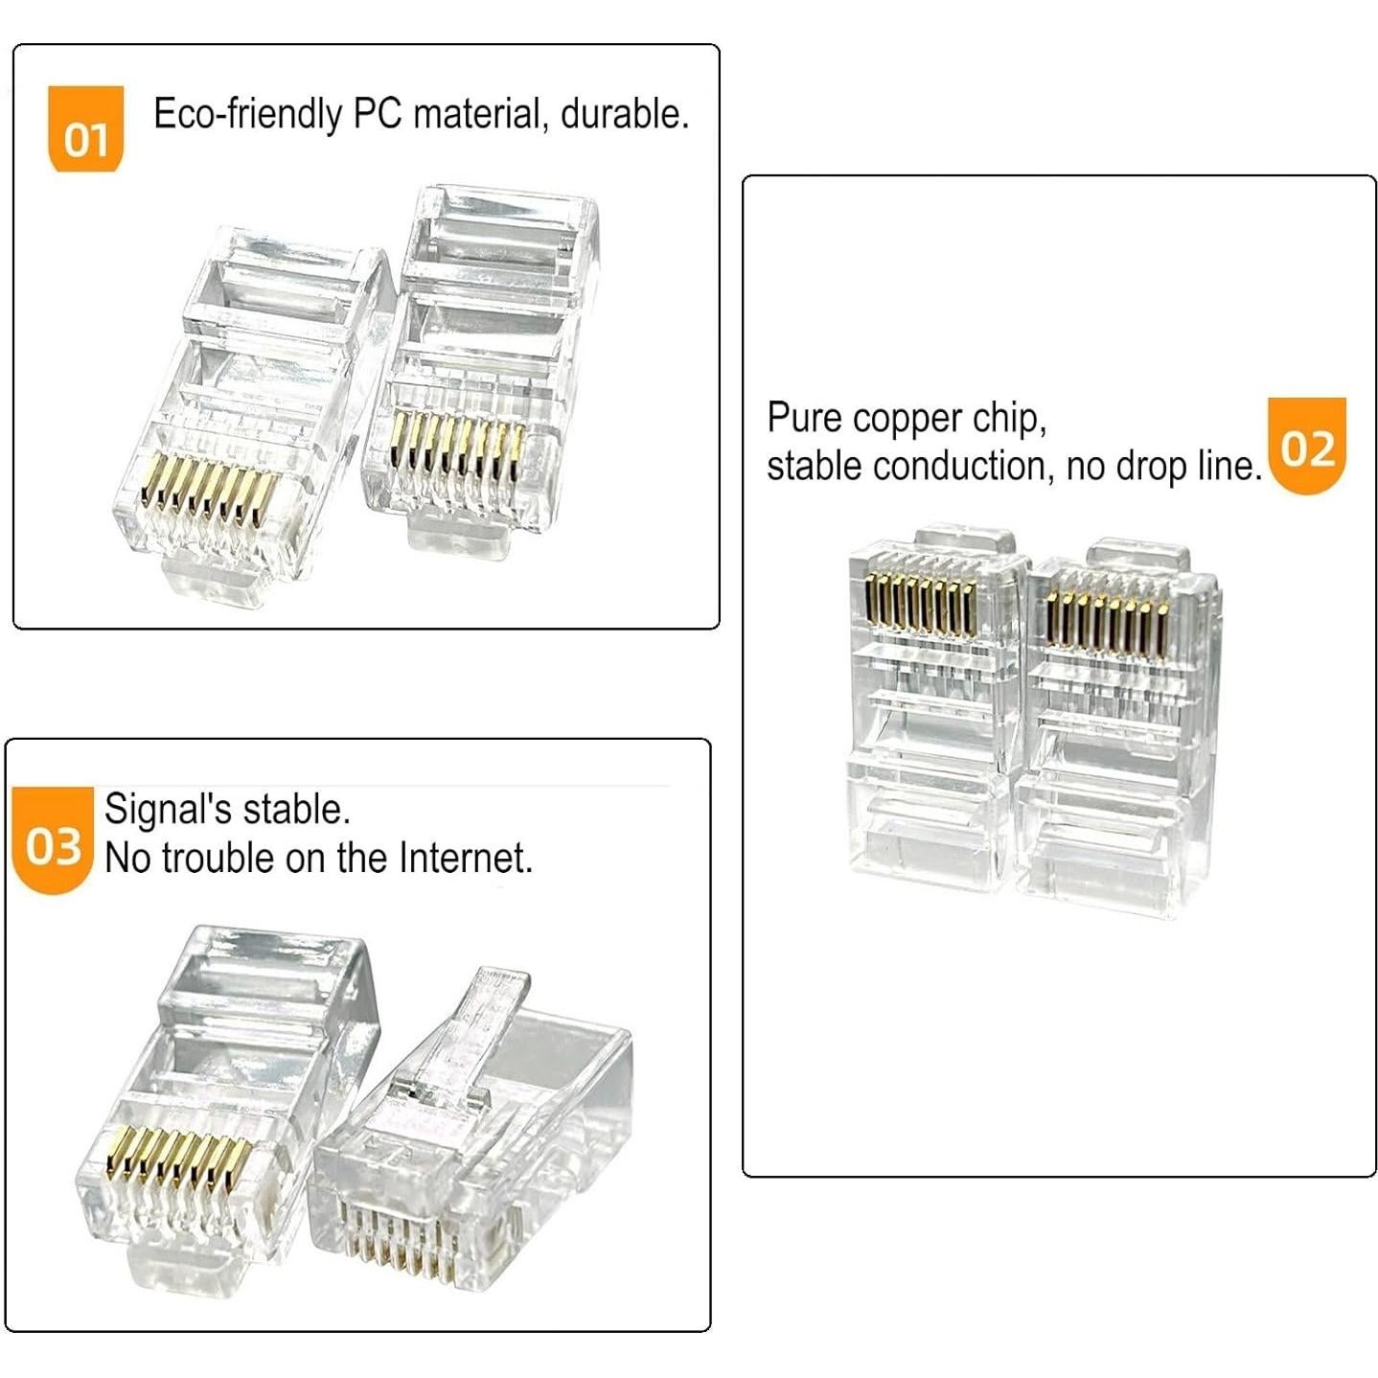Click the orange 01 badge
coord(86,129)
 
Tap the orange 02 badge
coord(1307,446)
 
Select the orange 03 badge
coord(53,841)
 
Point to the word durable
coord(624,114)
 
